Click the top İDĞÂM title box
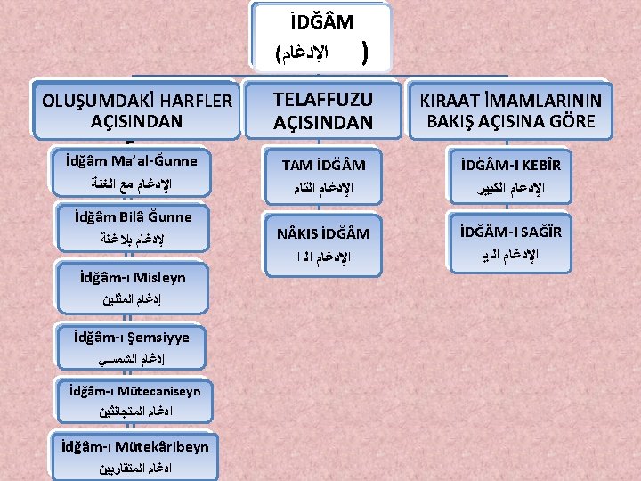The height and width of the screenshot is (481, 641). pyautogui.click(x=320, y=36)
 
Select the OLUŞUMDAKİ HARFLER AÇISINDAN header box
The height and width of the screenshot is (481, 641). pyautogui.click(x=136, y=110)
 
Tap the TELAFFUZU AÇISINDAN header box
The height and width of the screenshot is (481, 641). pyautogui.click(x=322, y=111)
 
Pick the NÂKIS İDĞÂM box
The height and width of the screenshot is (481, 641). pyautogui.click(x=324, y=243)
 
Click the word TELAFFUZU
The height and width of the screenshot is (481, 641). pyautogui.click(x=322, y=100)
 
